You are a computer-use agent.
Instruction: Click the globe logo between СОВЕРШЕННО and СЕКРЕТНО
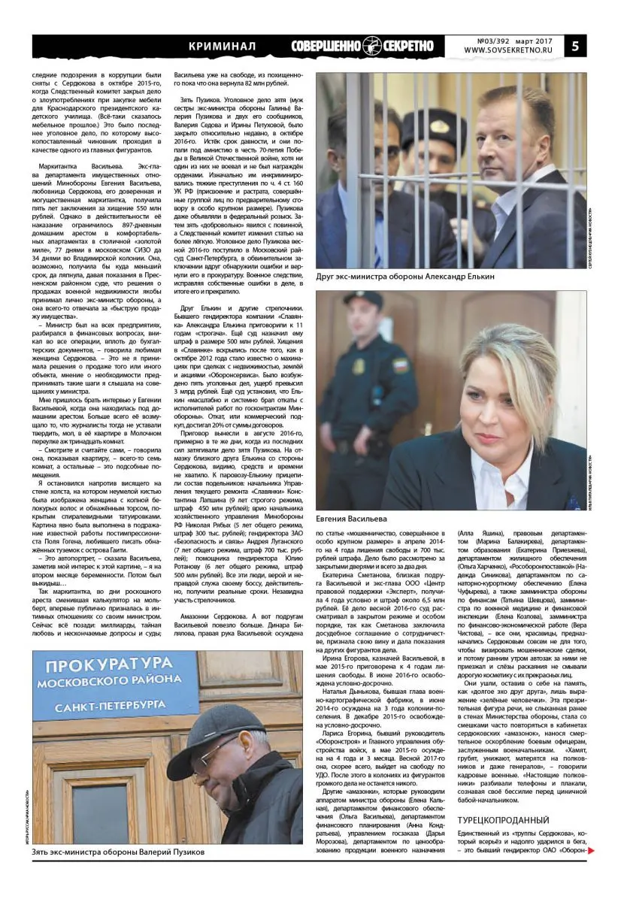click(372, 46)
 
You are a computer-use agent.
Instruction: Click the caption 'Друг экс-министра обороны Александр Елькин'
click(405, 277)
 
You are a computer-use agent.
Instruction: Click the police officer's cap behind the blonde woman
click(363, 300)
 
